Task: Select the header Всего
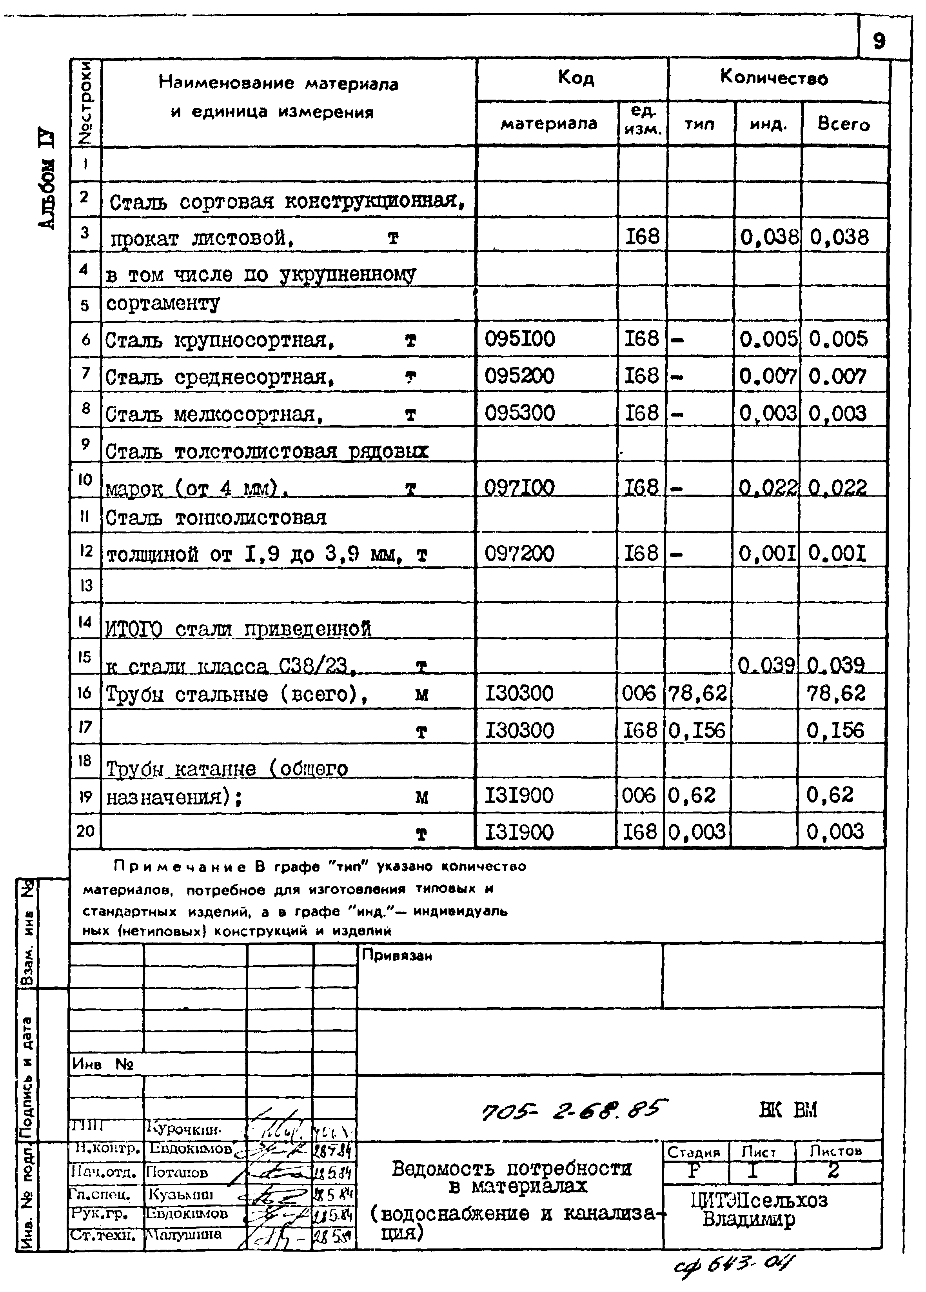(843, 124)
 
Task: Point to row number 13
(85, 585)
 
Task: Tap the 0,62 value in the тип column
(692, 795)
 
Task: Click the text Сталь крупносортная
(219, 341)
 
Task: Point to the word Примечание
(180, 866)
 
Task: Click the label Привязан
(396, 956)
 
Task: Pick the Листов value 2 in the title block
(833, 1171)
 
